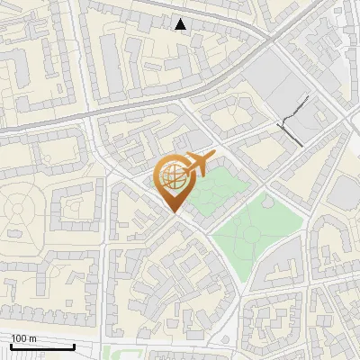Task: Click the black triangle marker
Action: (x=181, y=24)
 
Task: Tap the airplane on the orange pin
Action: (x=196, y=163)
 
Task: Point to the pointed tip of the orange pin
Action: (x=175, y=212)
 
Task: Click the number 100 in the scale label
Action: (x=18, y=337)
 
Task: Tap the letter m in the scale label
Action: (x=31, y=337)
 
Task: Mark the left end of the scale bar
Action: (x=10, y=346)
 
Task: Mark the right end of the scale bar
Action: (x=75, y=346)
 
